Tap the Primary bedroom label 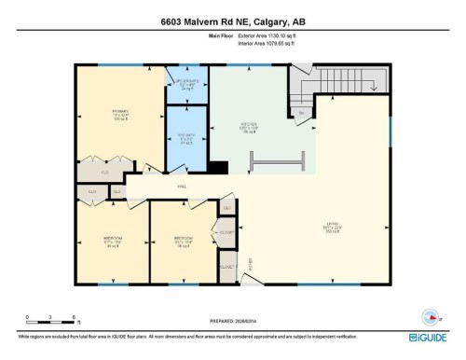pos(107,115)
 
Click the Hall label pos(182,187)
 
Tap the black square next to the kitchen pos(217,168)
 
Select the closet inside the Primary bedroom pos(105,172)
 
